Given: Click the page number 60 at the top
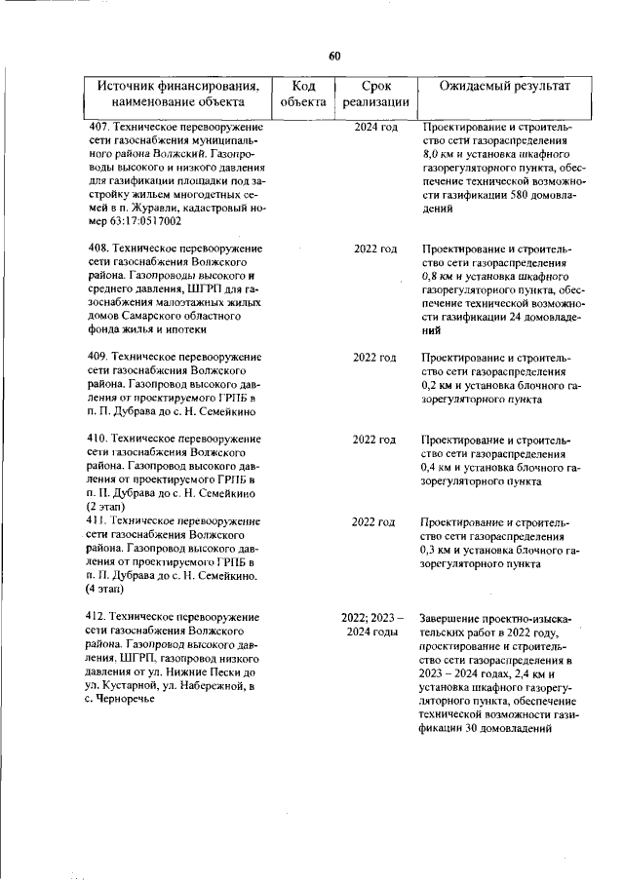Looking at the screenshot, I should coord(333,56).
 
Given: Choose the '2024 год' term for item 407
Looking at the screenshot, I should coord(375,128).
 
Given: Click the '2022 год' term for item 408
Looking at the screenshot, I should coord(375,249).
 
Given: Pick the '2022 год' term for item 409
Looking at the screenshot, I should coord(374,358).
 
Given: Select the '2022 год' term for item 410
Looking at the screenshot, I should coord(374,440).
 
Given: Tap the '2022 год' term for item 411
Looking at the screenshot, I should coord(374,522).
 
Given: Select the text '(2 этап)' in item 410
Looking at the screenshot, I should coord(105,508).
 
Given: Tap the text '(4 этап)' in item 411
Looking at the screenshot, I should coord(105,590).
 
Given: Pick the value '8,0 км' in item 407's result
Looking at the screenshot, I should coord(441,155).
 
